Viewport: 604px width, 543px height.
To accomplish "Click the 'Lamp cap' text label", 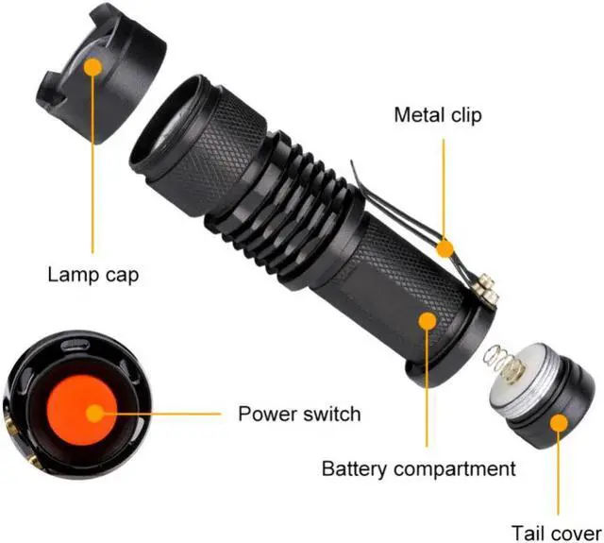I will (92, 276).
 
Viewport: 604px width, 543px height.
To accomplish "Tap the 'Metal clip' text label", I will (437, 115).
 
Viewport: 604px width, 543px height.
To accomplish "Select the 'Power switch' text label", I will (298, 414).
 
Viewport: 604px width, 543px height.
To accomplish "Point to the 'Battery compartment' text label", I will (419, 468).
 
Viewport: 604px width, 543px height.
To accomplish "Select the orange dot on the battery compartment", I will (427, 321).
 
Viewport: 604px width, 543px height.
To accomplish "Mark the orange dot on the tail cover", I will (559, 421).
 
